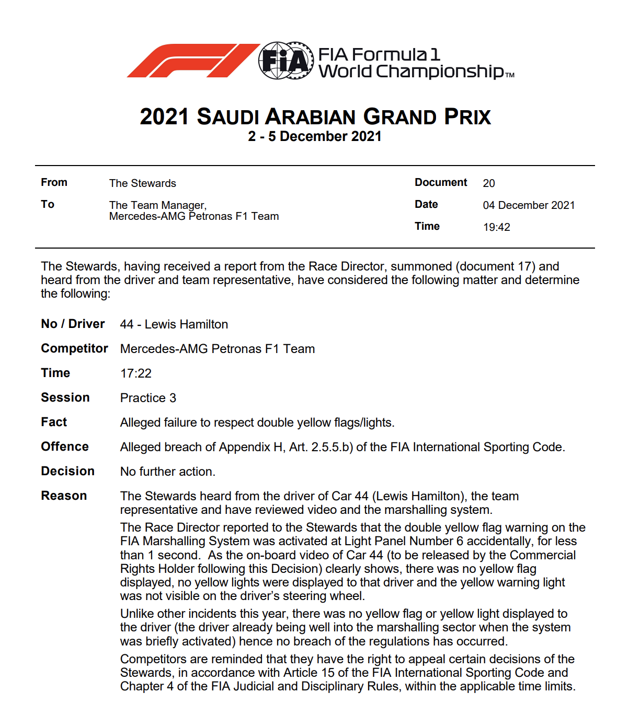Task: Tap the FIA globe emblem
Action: [x=285, y=61]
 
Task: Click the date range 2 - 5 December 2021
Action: [x=315, y=137]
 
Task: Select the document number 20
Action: [x=489, y=183]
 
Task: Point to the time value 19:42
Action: [x=496, y=227]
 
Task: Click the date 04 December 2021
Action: [x=529, y=205]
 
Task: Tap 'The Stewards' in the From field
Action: [x=142, y=183]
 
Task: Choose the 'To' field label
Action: [x=48, y=204]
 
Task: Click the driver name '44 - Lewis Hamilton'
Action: [x=174, y=324]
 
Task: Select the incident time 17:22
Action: [x=136, y=373]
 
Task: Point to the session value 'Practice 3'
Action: [x=148, y=398]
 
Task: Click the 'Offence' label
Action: [x=65, y=447]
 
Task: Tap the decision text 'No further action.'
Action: [x=168, y=472]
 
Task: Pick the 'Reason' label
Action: [x=64, y=496]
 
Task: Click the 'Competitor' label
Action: [x=74, y=348]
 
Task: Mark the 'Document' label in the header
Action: [x=441, y=182]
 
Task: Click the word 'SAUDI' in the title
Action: [x=227, y=117]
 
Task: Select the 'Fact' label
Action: [x=54, y=422]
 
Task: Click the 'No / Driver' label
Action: [x=73, y=324]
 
